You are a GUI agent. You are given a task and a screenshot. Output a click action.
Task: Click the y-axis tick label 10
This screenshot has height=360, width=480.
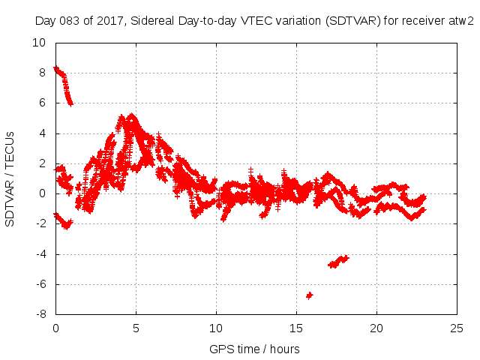tap(39, 43)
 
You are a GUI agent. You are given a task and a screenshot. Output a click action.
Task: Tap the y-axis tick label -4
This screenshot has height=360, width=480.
tap(41, 254)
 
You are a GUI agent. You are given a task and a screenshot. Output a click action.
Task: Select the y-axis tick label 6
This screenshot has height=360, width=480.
tap(42, 103)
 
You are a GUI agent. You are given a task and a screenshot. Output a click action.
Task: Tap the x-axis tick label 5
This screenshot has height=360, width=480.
tap(136, 328)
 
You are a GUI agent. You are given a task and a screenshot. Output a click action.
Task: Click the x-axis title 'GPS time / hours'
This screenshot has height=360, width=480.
tap(256, 349)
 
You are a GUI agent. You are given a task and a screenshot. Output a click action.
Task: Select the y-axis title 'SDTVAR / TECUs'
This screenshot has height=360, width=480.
tap(10, 178)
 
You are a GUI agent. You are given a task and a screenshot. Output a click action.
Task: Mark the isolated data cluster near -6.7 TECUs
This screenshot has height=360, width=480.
tap(309, 295)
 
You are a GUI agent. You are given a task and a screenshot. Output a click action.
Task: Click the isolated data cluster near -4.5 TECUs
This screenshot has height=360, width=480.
tap(338, 261)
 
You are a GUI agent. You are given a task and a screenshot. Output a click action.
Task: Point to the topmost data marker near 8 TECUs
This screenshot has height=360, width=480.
tap(55, 69)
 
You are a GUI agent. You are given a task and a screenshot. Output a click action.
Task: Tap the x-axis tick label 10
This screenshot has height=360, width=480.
tap(216, 328)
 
